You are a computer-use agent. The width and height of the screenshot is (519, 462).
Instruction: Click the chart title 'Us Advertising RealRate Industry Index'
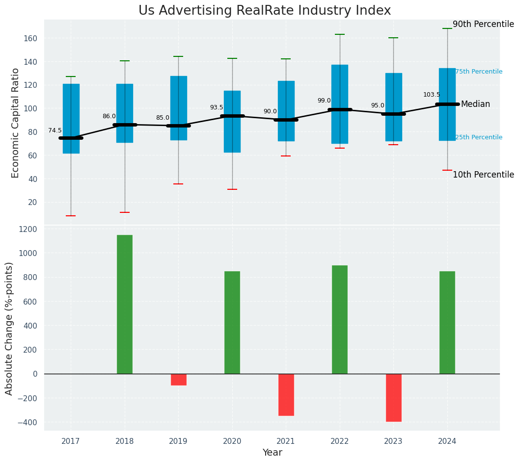[265, 11]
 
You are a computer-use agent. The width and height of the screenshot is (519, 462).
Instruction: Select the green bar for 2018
[125, 304]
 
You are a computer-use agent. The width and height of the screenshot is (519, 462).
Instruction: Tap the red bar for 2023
[393, 397]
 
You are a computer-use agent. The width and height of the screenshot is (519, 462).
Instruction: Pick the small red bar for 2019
[178, 379]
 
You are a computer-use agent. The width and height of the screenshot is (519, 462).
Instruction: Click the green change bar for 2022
[340, 319]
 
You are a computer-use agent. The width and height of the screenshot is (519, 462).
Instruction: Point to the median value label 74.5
[55, 130]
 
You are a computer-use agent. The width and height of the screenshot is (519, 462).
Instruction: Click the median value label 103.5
[432, 95]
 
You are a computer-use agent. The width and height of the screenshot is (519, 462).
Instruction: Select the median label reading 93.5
[217, 107]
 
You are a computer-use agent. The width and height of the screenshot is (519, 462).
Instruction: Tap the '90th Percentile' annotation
[483, 25]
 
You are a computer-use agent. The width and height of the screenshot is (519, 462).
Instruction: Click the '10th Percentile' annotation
[483, 175]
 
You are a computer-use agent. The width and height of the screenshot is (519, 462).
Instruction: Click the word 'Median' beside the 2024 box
[475, 104]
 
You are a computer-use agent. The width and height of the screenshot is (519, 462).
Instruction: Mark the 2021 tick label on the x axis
[286, 441]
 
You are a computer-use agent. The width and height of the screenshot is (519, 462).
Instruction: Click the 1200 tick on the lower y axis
[27, 230]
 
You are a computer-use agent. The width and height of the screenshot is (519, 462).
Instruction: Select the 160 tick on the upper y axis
[31, 38]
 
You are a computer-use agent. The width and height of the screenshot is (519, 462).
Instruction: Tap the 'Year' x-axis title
[272, 453]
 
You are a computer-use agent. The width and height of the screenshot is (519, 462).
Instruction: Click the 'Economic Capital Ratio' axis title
[15, 123]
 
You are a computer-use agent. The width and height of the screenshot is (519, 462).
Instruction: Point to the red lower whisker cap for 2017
[71, 216]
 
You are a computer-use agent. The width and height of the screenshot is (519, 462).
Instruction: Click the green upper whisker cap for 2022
[340, 34]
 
